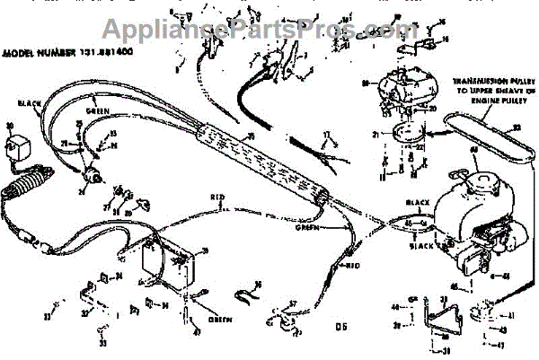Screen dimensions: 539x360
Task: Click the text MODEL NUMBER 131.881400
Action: click(x=61, y=53)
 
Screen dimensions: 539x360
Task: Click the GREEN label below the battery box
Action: click(x=218, y=320)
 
